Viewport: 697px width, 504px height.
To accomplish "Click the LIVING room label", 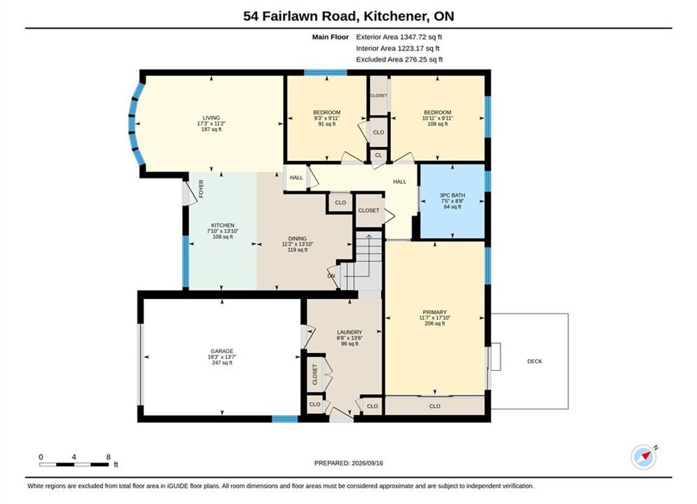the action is pos(211,118).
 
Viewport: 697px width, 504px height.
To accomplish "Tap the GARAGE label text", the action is pos(222,351).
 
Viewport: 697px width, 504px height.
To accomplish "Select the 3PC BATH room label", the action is pos(453,195).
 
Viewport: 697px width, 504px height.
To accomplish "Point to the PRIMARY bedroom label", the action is pos(435,312).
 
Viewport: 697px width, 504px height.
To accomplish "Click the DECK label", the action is pos(534,361).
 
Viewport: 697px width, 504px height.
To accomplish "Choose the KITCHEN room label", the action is pos(223,225).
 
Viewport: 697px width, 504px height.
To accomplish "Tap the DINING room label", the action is pos(298,239).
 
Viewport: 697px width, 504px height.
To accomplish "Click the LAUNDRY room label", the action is pos(350,332).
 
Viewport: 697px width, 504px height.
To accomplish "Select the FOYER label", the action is pos(201,189).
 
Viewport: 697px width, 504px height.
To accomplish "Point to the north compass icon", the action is pos(644,456).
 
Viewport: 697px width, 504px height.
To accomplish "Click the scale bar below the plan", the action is pos(74,465).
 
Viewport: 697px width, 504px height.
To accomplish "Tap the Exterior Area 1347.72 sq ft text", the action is pos(399,37).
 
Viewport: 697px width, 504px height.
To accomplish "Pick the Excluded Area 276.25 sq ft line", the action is pos(399,59).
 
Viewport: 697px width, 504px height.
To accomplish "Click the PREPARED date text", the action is pos(349,463).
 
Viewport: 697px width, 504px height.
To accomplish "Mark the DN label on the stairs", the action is pos(331,276).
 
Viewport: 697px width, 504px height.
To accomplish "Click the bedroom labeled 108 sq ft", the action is pos(437,118).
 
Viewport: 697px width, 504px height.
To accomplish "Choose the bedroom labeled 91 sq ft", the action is pos(326,118).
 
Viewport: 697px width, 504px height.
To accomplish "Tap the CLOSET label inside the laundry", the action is pos(315,374).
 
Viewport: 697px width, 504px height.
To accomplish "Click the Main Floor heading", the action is pos(330,37).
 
